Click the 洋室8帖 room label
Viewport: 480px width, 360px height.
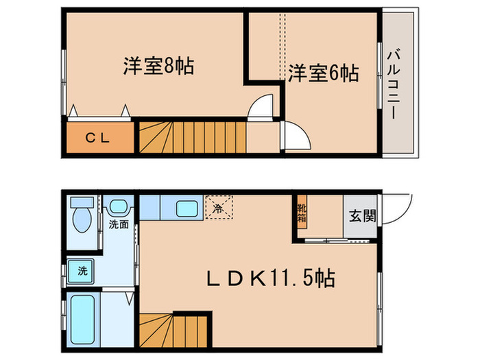(158, 67)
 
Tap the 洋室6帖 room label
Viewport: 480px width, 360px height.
(323, 73)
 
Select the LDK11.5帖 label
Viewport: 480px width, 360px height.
(272, 279)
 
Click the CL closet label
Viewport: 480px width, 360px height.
(97, 137)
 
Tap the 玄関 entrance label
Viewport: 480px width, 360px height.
(362, 217)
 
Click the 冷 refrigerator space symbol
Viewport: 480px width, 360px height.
(219, 207)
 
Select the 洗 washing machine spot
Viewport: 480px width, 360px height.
(82, 270)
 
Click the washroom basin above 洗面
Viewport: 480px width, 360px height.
(119, 206)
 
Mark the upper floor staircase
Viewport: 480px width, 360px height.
(192, 136)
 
